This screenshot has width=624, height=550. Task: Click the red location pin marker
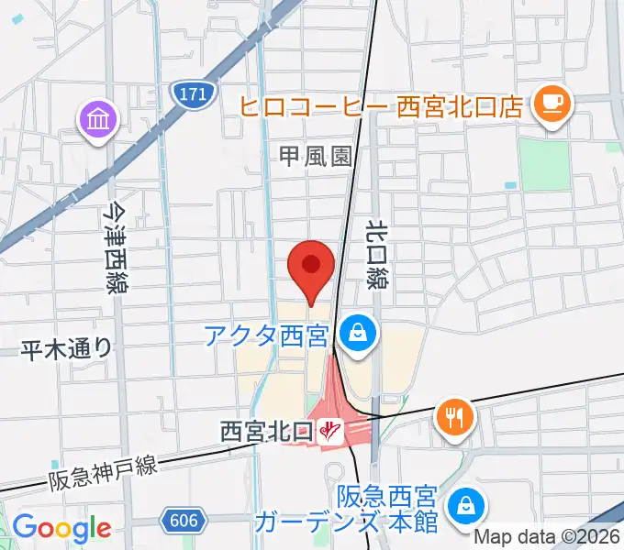point(310,268)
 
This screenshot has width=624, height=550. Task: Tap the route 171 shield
point(193,93)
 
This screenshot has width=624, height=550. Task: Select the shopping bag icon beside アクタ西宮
point(355,335)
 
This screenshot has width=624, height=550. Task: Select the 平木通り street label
point(68,347)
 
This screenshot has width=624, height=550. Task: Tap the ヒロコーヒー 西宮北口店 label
point(382,106)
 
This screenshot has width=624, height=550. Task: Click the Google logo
point(61,528)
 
